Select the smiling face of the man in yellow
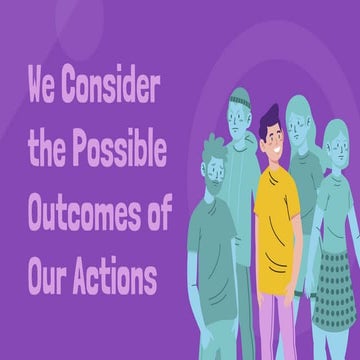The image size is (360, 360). [272, 146]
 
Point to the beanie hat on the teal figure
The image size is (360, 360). [239, 100]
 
